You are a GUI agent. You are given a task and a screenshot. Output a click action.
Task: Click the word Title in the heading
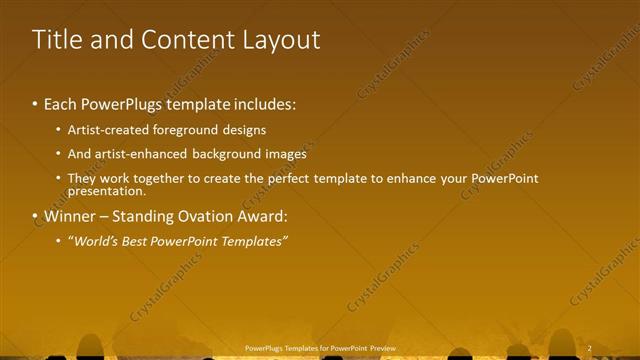56,40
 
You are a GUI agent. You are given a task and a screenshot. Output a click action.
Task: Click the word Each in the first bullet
61,104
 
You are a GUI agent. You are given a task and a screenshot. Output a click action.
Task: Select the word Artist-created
106,130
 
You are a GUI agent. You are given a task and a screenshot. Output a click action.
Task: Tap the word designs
243,130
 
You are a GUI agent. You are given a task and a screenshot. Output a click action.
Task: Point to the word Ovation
211,216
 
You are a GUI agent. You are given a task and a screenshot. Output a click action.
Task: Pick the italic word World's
93,241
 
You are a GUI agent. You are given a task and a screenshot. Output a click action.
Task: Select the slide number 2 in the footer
590,348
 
